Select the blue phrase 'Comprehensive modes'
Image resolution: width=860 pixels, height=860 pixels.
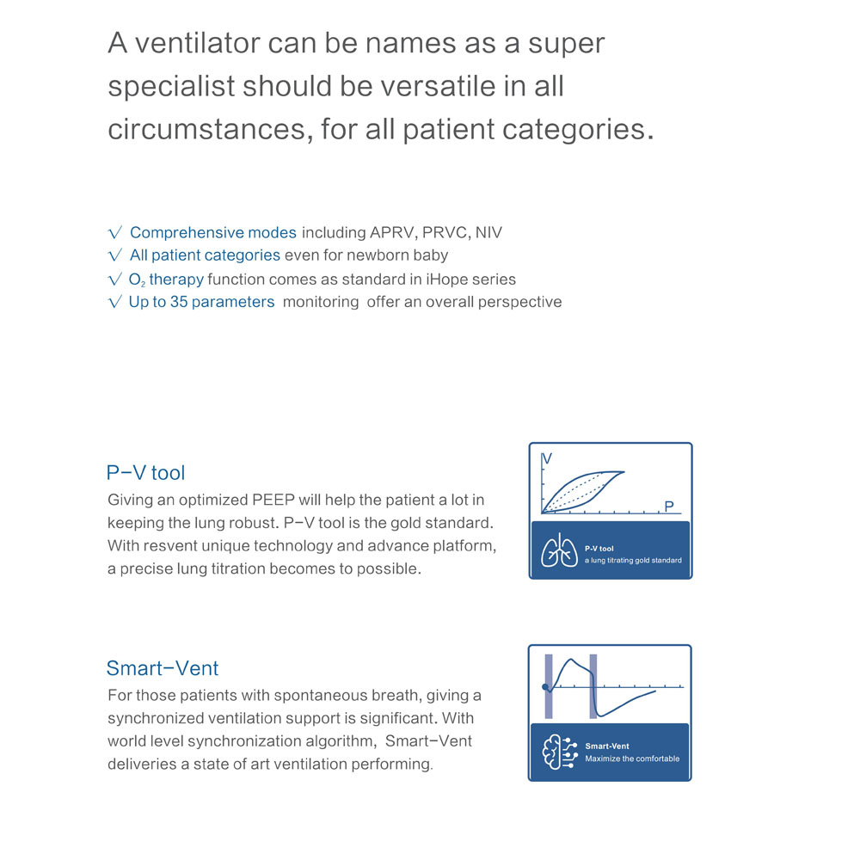tap(213, 233)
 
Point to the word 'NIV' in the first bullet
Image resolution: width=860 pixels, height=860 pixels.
tap(488, 233)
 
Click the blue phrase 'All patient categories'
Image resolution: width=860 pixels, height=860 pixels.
tap(205, 255)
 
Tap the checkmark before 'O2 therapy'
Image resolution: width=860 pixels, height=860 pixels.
tap(115, 279)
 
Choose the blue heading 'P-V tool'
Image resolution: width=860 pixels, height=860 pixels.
tap(145, 472)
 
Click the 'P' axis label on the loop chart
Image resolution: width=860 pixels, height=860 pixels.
tap(669, 507)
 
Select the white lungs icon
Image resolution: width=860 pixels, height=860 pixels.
tap(559, 552)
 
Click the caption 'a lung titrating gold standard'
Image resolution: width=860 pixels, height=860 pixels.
tap(632, 560)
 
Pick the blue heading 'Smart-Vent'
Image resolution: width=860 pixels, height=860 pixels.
tap(163, 668)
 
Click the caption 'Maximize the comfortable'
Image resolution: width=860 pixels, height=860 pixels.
tap(632, 759)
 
